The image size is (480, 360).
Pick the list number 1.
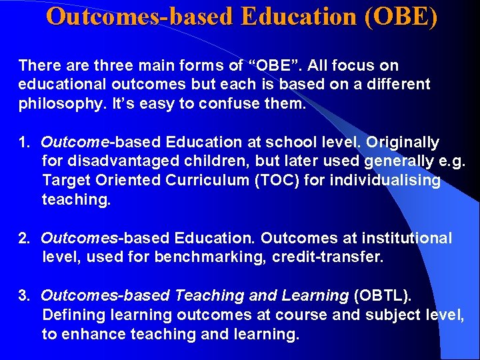[x=24, y=143]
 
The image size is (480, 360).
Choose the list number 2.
[x=24, y=238]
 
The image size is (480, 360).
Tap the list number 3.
[x=24, y=296]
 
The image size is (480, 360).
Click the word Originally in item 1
[x=403, y=143]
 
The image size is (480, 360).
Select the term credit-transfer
[x=328, y=257]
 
